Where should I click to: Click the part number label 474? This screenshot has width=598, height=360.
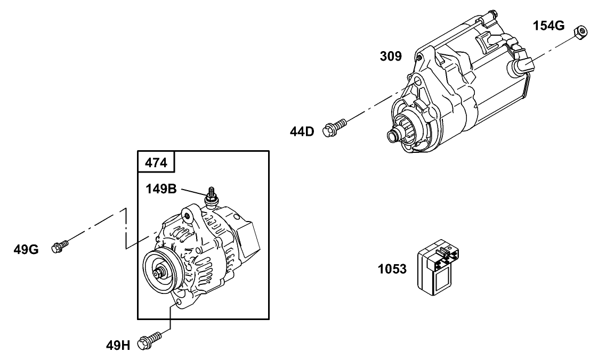tap(157, 162)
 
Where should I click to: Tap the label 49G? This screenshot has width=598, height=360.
tap(26, 249)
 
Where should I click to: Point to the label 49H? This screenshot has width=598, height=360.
tap(118, 345)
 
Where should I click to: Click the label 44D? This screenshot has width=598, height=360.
tap(302, 131)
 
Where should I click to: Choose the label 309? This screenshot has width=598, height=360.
tap(391, 56)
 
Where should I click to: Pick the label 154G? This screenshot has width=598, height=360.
tap(549, 26)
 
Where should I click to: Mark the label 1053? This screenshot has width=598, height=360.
tap(392, 269)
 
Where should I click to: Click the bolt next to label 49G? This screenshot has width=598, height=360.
tap(60, 247)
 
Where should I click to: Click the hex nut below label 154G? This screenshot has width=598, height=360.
tap(580, 33)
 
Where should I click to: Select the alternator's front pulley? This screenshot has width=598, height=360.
tap(160, 273)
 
